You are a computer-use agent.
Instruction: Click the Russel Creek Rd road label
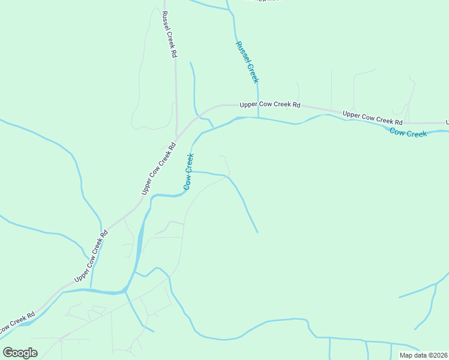tap(169, 35)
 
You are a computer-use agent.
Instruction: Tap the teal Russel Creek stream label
tap(247, 62)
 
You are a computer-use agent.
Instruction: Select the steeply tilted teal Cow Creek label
tap(188, 172)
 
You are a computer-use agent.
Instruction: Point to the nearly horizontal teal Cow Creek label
tap(408, 132)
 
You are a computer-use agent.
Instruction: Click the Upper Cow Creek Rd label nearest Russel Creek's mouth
tap(270, 104)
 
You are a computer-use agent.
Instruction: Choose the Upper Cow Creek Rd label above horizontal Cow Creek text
tap(372, 116)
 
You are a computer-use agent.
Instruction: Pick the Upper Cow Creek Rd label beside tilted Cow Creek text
tap(158, 168)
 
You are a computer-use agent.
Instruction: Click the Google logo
tap(20, 353)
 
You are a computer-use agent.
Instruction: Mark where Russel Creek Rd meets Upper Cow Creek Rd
tap(176, 136)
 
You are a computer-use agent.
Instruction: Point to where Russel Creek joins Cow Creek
tap(258, 118)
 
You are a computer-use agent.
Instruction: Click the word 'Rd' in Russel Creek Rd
tap(174, 53)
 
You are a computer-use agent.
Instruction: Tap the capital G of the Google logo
tap(8, 353)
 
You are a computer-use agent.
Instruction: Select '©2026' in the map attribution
tap(437, 355)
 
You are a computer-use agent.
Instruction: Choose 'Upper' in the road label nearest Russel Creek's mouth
tap(249, 104)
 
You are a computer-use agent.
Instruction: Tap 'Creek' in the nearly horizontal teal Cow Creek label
tap(417, 133)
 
